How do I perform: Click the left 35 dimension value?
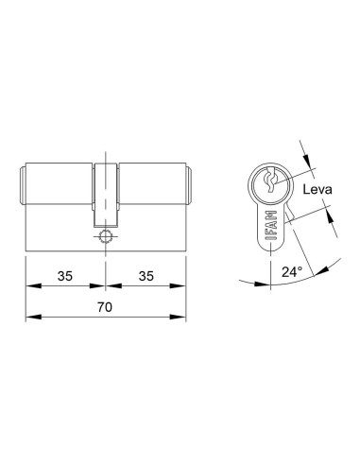65,276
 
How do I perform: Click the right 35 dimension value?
146,276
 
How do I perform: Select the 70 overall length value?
105,307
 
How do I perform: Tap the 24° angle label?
292,271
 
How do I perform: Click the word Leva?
317,190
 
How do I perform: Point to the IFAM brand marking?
271,226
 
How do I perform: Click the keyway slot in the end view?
270,180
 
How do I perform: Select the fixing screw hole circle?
105,236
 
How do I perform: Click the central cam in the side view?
106,195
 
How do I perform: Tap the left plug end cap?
23,185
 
